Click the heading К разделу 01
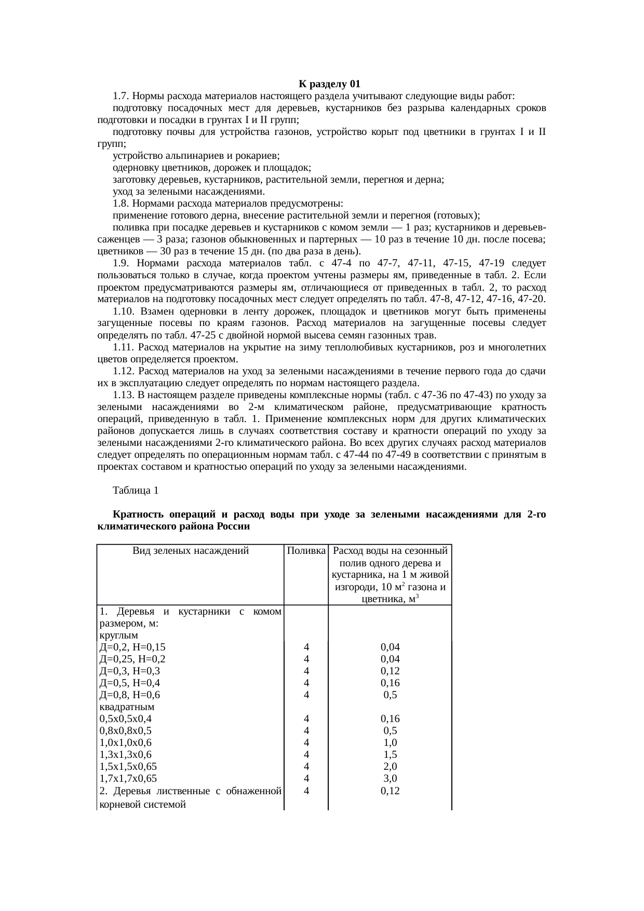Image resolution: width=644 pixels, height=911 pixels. click(329, 84)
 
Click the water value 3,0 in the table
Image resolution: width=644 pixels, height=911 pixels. click(390, 779)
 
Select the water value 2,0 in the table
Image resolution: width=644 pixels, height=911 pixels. click(390, 767)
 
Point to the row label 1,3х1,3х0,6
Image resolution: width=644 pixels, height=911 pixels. click(126, 755)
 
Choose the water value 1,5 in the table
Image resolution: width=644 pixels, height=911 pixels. click(390, 755)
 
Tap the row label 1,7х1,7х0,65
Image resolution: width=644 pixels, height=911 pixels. click(128, 779)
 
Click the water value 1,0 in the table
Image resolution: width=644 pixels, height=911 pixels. click(390, 743)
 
